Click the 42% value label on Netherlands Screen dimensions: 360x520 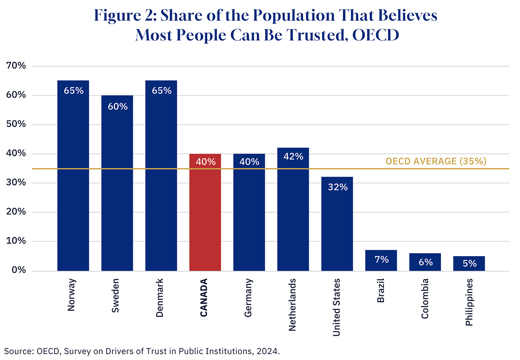pyautogui.click(x=293, y=157)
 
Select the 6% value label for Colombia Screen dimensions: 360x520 pyautogui.click(x=426, y=262)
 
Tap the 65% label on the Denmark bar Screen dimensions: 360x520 pyautogui.click(x=162, y=91)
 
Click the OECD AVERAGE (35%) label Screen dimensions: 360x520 pyautogui.click(x=436, y=161)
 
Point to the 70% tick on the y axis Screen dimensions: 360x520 pyautogui.click(x=16, y=66)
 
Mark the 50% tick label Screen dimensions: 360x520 pyautogui.click(x=16, y=124)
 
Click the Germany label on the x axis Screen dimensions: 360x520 pyautogui.click(x=248, y=298)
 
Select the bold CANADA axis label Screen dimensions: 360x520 pyautogui.click(x=204, y=298)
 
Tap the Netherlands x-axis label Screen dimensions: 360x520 pyautogui.click(x=292, y=305)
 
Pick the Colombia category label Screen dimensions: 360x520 pyautogui.click(x=425, y=298)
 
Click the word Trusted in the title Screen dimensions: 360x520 pyautogui.click(x=318, y=35)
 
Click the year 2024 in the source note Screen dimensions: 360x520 pyautogui.click(x=267, y=351)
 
